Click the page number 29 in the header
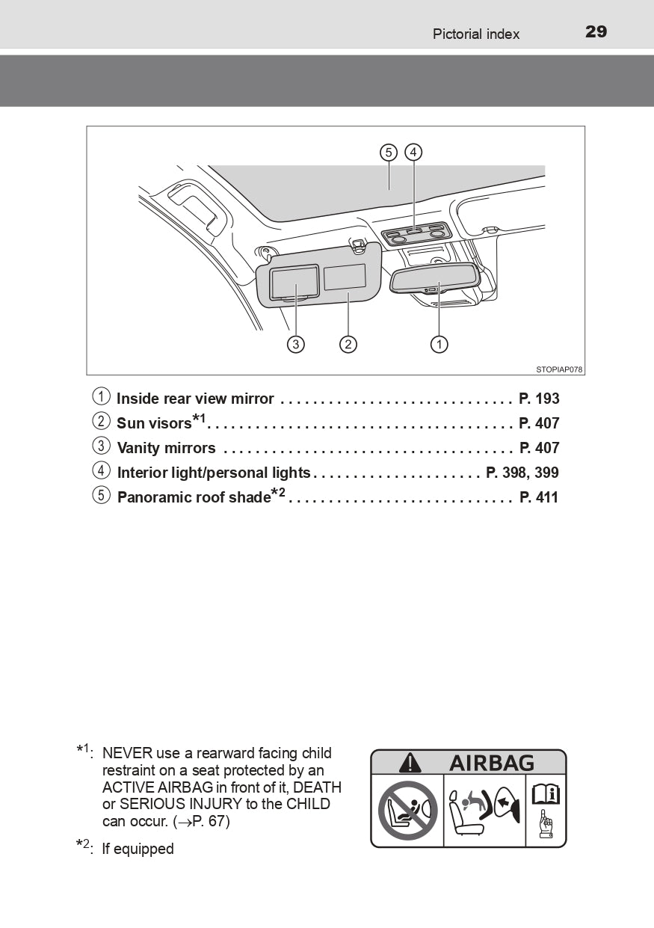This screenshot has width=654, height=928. pos(596,31)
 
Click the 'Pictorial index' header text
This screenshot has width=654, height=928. pos(475,34)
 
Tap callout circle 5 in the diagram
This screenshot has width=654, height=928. pos(388,153)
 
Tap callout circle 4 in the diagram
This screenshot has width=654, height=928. pos(413,153)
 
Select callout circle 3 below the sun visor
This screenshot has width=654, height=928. pos(297,344)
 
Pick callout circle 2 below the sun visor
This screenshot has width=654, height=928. pos(348,344)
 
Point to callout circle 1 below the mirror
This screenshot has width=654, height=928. pos(439,344)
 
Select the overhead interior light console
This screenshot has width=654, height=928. pos(416,234)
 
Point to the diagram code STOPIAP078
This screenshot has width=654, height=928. pos(558,369)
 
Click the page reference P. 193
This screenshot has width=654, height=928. pos(539,399)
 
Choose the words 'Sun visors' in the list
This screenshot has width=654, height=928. pos(154,423)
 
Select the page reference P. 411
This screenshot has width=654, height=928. pos(539,497)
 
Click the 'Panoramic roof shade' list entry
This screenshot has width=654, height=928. pos(193,497)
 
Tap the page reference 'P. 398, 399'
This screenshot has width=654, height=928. pos(522,473)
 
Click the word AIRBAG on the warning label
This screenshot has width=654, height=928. pos(491,763)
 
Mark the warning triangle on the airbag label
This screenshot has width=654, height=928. pos(410,763)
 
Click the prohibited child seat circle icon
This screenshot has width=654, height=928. pos(407,811)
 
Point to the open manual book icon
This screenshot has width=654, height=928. pos(546,794)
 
